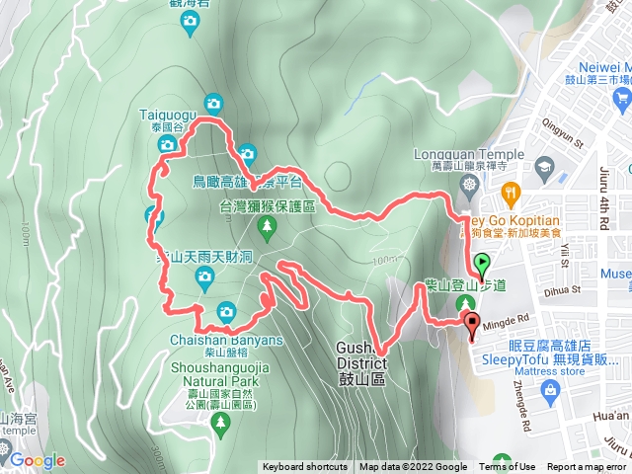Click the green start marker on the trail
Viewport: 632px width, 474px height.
(482, 265)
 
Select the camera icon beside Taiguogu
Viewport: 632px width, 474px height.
(213, 103)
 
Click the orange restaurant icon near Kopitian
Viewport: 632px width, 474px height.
(510, 191)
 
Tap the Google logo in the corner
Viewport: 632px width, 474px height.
(37, 460)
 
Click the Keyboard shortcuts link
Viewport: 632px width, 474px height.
(304, 467)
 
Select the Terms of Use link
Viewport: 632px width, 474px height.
(507, 467)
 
